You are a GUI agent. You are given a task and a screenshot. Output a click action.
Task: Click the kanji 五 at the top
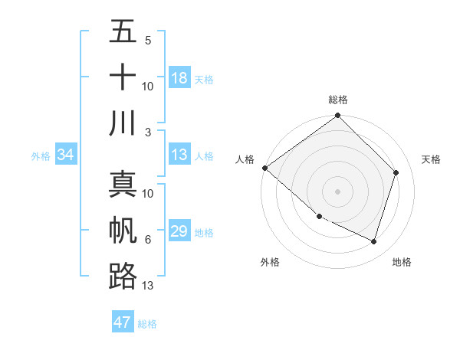coord(123,32)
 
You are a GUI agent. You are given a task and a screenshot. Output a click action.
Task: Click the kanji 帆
coord(123,231)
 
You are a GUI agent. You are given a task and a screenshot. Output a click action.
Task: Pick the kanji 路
coord(123,276)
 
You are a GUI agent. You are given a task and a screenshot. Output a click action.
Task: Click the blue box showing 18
coord(179,78)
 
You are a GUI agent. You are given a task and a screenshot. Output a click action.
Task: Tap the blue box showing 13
coord(179,155)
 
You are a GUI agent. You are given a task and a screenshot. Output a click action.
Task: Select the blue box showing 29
coord(179,232)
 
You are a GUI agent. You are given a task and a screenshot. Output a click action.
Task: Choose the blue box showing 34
coord(65,155)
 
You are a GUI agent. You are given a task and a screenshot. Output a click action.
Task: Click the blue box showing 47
coord(123,322)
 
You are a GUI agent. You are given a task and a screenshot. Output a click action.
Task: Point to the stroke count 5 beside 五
coord(148,41)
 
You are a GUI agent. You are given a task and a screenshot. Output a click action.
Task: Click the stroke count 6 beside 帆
coord(148,240)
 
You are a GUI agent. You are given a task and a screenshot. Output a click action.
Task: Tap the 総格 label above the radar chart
coord(338,100)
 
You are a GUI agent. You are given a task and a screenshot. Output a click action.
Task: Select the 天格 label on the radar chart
coord(432,159)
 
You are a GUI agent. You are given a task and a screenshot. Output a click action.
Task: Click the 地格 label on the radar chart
coord(402,262)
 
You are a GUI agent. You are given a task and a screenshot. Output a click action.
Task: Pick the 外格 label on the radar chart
coord(270,262)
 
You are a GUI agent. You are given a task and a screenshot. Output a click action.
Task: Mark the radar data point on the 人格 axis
coord(264,168)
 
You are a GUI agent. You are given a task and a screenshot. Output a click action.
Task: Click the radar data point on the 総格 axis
coord(338,116)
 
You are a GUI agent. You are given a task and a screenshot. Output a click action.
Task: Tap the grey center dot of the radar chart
coord(338,191)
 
